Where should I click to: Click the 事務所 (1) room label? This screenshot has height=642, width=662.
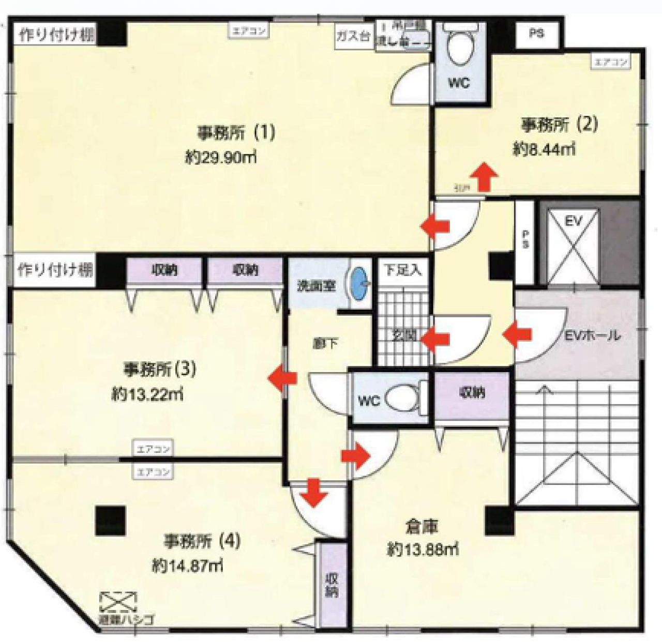[x=235, y=133]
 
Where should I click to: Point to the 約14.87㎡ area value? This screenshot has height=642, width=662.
[x=187, y=566]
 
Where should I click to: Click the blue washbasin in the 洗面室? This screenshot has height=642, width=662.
[x=359, y=283]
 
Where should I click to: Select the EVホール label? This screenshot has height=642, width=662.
[x=592, y=335]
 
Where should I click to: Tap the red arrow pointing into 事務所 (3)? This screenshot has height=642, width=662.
[x=282, y=378]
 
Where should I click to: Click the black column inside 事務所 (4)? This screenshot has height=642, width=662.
[x=110, y=521]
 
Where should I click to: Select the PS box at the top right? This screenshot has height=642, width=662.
[x=536, y=34]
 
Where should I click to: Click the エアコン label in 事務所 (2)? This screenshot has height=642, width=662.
[x=611, y=62]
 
